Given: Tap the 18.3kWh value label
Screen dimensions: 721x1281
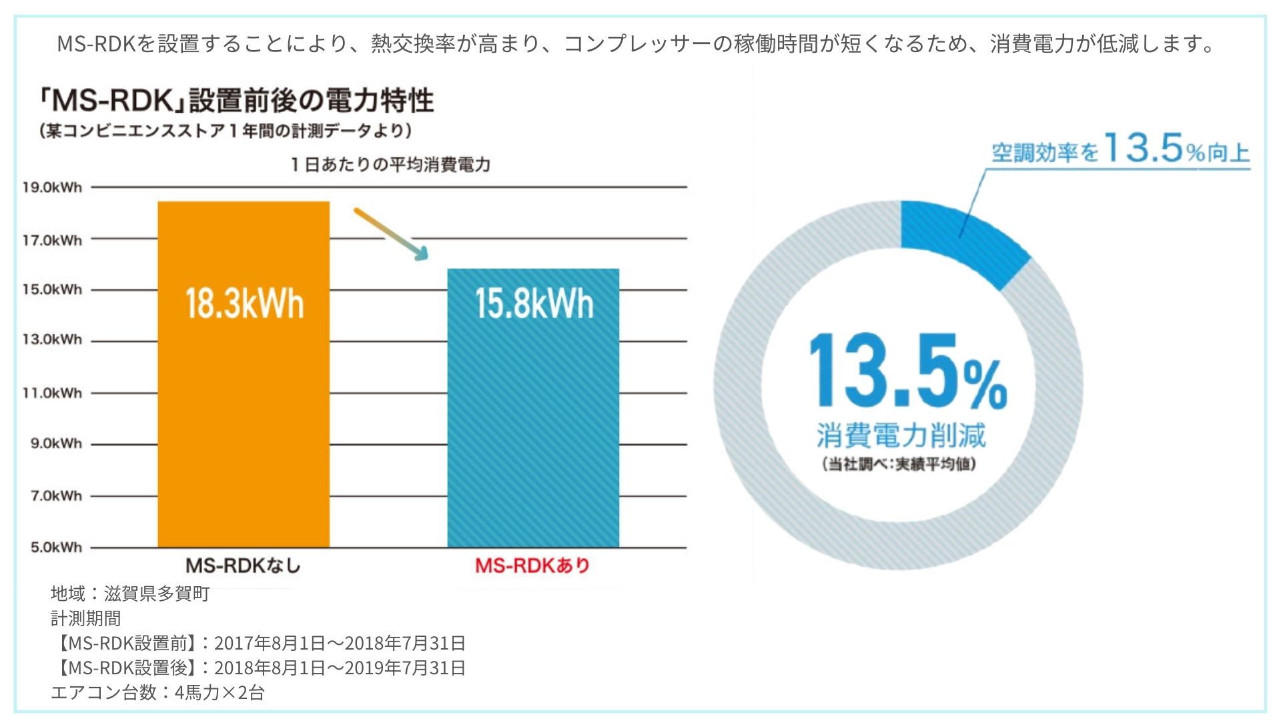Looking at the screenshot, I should (244, 304).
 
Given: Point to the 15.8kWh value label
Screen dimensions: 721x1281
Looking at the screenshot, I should (534, 304).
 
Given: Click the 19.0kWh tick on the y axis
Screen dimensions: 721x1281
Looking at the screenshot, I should (52, 188).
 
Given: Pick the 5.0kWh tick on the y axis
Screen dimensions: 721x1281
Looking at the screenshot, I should (56, 547).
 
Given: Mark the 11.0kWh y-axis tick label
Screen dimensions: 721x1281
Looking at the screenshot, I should (52, 393).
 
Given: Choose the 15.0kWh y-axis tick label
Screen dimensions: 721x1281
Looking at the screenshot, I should (52, 290).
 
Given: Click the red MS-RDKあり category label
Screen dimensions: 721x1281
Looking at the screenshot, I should (532, 566).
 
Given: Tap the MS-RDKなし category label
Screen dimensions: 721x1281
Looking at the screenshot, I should (243, 566).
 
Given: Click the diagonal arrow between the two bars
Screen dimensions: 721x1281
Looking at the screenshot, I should (391, 234).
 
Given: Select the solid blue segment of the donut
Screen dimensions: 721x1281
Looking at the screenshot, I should (961, 240).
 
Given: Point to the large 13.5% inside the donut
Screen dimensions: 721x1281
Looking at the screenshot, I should (907, 371).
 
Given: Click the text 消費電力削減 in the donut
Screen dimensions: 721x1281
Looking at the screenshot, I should (901, 435).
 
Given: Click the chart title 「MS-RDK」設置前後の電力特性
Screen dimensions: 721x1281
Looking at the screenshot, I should (236, 101).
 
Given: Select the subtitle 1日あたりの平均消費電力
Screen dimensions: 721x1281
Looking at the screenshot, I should (390, 165).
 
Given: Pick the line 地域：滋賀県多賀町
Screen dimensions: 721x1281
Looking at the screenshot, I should (130, 593).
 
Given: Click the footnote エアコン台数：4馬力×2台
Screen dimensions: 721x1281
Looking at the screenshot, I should (157, 692).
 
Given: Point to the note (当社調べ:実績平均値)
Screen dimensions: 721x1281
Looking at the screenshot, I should (899, 464).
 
